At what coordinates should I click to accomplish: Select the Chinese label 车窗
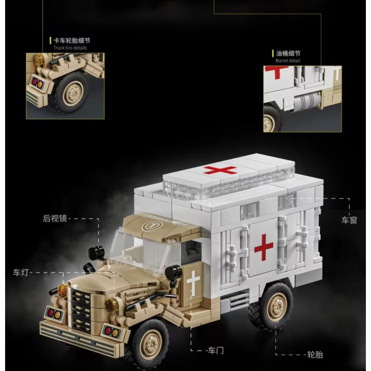(350, 220)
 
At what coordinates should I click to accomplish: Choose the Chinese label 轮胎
(315, 355)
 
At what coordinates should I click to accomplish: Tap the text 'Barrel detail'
(288, 60)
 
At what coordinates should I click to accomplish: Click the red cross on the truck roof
(220, 169)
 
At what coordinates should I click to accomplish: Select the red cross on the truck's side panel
(264, 247)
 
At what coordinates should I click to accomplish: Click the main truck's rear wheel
(276, 307)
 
